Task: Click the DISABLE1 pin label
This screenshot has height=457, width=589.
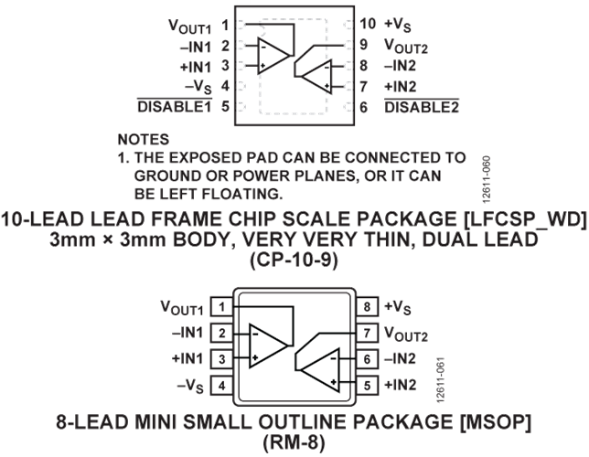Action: (x=175, y=107)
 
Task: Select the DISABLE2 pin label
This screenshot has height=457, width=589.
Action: (x=422, y=108)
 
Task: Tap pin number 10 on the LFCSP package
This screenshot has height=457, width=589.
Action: (x=368, y=24)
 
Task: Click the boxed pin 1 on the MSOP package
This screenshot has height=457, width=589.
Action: (x=221, y=307)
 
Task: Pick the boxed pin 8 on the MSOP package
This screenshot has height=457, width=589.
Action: (x=367, y=307)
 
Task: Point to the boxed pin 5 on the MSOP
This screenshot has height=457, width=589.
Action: (x=367, y=386)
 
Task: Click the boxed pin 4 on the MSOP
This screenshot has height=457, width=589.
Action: (x=221, y=386)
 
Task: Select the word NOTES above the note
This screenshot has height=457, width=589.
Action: (x=144, y=140)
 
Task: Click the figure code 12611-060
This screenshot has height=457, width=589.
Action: (x=486, y=179)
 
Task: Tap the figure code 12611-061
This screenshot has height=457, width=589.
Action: (x=441, y=380)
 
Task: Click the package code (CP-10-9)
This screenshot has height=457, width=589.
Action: (x=294, y=260)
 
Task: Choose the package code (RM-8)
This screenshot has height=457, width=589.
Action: (x=294, y=442)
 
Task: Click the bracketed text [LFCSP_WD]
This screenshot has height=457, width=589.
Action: (x=526, y=219)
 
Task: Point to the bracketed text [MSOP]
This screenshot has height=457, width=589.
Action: (x=496, y=422)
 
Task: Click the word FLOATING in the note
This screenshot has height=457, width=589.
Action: (x=242, y=194)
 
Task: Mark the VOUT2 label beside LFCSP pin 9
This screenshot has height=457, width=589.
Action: (x=406, y=47)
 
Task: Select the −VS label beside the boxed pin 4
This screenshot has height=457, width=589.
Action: (x=190, y=386)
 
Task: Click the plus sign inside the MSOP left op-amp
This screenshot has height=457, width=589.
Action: (x=255, y=358)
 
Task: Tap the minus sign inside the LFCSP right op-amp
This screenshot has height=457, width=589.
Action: (x=327, y=68)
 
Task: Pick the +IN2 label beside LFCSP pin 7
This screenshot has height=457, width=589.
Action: (x=400, y=87)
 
